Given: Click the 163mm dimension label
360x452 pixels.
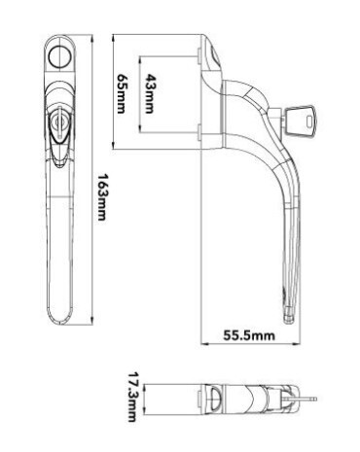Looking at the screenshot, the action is click(x=102, y=196).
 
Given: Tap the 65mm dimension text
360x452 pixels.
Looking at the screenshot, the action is click(x=121, y=93).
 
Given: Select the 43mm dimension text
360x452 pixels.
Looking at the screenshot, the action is click(x=149, y=93).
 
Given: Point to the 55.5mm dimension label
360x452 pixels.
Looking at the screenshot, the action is click(x=249, y=335).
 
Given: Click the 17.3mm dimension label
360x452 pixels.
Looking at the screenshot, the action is click(x=131, y=397).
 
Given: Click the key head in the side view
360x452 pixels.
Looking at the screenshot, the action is click(x=300, y=120).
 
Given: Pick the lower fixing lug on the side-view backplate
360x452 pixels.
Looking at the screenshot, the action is click(x=199, y=133).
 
